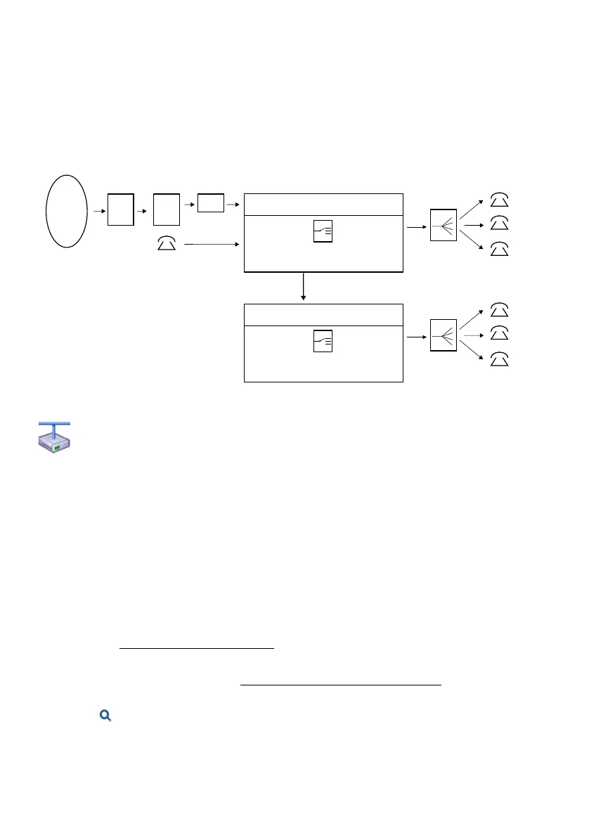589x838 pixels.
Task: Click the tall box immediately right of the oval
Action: [121, 209]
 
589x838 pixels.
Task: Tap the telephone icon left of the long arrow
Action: [166, 244]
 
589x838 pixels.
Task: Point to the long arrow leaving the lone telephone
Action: [211, 244]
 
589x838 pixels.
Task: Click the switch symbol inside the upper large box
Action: [323, 232]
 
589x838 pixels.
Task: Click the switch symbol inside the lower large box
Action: [323, 341]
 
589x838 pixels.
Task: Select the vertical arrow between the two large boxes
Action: [304, 287]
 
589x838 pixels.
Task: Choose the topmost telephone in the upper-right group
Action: [499, 199]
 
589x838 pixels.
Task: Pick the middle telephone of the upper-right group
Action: [499, 224]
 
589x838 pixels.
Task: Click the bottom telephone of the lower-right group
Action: [499, 359]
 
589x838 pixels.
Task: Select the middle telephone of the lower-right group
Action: [499, 332]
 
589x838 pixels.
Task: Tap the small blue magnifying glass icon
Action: [106, 716]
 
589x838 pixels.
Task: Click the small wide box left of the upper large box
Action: [211, 202]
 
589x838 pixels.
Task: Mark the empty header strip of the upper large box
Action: [323, 204]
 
